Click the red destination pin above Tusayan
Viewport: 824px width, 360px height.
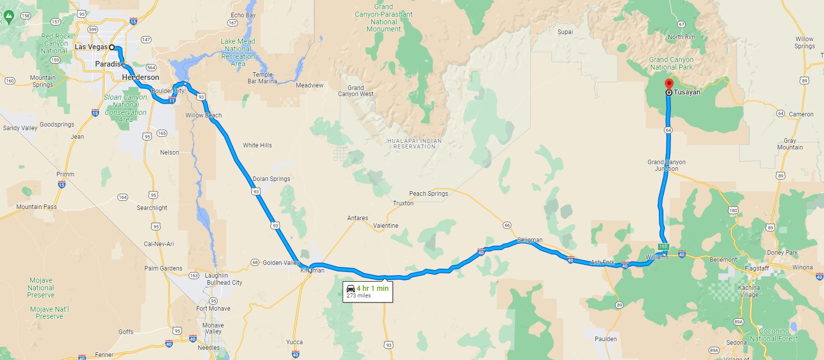click(x=669, y=83)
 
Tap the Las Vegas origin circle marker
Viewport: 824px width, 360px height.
click(x=112, y=47)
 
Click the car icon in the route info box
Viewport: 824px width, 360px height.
click(x=351, y=288)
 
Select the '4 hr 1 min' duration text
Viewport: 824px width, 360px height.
click(x=373, y=288)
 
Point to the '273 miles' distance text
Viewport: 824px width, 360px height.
click(x=359, y=295)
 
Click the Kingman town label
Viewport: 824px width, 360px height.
click(x=312, y=271)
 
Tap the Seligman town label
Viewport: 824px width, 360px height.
click(x=530, y=240)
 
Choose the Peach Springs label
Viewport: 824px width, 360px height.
click(x=429, y=194)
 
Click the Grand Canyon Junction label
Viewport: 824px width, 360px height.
click(x=666, y=165)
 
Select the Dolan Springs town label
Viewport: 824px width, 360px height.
click(x=271, y=179)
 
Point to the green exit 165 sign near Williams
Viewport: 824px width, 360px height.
click(x=663, y=247)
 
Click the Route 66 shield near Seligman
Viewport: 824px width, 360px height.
click(x=507, y=225)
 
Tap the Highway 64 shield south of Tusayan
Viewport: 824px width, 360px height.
click(x=668, y=130)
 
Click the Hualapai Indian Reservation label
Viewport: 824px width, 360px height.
click(x=414, y=144)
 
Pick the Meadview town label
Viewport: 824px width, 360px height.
click(x=310, y=85)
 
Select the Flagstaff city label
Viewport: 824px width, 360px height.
click(x=756, y=268)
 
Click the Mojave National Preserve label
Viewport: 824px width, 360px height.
click(x=41, y=288)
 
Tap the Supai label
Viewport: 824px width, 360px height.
click(x=565, y=32)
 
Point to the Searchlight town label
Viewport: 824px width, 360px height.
click(x=151, y=208)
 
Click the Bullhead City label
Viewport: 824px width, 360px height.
click(x=224, y=283)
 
